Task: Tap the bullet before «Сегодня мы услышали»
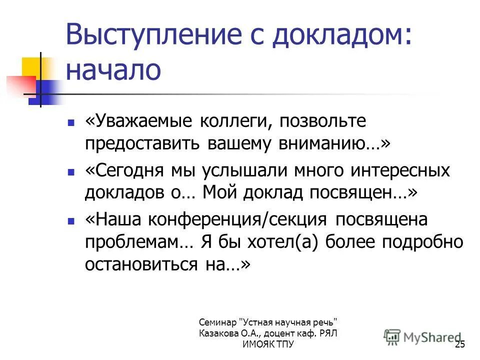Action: (71, 171)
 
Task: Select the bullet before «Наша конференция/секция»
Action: (71, 220)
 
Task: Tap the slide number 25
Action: (460, 345)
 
